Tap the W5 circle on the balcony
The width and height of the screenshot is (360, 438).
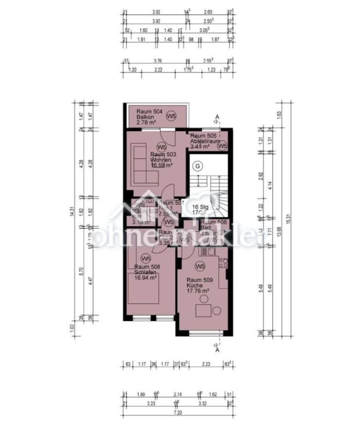tap(171, 116)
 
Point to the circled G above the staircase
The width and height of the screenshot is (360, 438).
tap(198, 166)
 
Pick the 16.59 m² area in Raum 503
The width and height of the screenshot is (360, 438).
tap(162, 165)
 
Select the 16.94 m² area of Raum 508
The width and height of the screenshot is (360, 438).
tap(145, 278)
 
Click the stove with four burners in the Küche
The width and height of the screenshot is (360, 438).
tap(223, 264)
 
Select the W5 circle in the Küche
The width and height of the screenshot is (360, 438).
tap(199, 266)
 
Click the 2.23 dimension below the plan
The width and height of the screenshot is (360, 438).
tap(206, 364)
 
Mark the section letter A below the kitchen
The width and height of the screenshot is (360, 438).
tap(217, 350)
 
